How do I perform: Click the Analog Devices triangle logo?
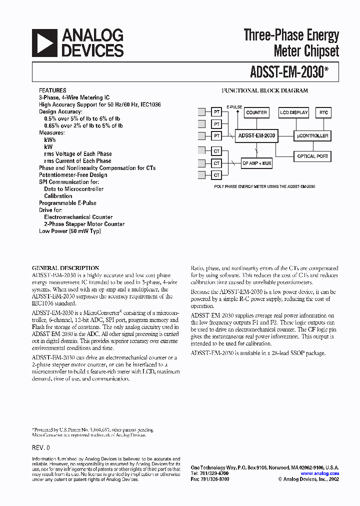44,42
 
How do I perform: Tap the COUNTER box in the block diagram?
256,112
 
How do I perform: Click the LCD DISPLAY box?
293,112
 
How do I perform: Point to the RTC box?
323,112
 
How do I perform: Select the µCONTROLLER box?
312,135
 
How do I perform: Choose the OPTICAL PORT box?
312,156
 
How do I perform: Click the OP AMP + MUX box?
256,163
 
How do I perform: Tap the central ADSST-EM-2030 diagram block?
256,135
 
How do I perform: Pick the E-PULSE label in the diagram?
234,107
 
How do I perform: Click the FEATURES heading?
52,91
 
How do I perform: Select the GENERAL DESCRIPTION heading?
65,268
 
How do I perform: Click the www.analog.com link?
320,473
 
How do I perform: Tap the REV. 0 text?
41,447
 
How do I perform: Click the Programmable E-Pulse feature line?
67,203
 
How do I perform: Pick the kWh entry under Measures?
50,140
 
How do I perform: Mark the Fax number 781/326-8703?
209,479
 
